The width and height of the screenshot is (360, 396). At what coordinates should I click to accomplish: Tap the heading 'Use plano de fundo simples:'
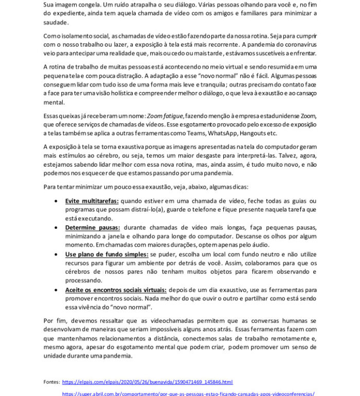point(106,255)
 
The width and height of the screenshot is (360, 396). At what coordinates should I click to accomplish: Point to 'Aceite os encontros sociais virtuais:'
point(116,290)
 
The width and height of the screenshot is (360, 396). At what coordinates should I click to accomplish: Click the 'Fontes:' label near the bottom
point(52,382)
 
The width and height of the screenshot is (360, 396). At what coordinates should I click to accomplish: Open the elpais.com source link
point(147,382)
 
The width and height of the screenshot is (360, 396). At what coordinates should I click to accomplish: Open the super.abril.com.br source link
point(188,393)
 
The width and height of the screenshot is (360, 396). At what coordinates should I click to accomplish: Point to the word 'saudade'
point(56,22)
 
